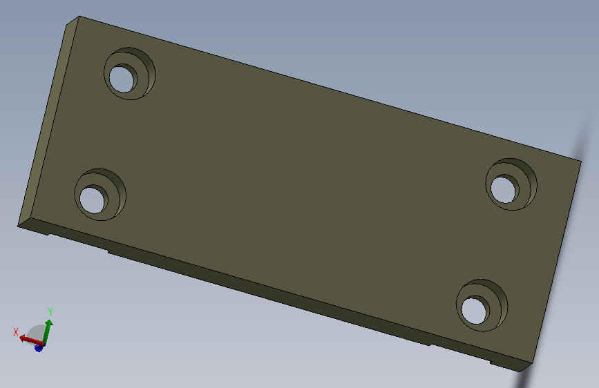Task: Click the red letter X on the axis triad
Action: pyautogui.click(x=16, y=332)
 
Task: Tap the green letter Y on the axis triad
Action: pyautogui.click(x=50, y=312)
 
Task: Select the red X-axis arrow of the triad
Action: pyautogui.click(x=31, y=340)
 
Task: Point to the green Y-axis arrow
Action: pyautogui.click(x=48, y=332)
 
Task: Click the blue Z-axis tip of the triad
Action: pyautogui.click(x=39, y=347)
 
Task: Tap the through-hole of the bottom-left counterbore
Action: pyautogui.click(x=92, y=200)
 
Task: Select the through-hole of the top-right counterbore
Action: pyautogui.click(x=503, y=190)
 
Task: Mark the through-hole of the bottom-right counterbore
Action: pyautogui.click(x=474, y=311)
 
